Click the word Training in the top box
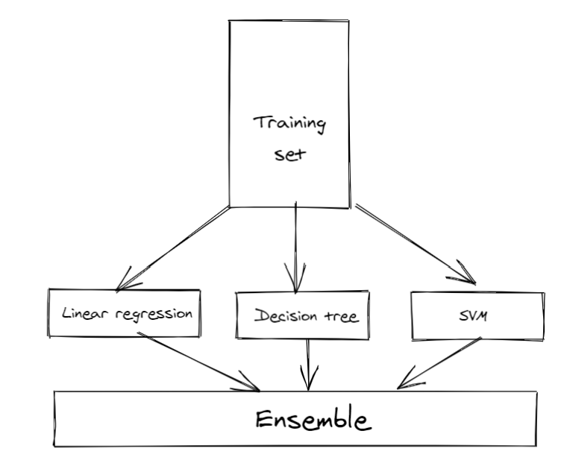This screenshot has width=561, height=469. (289, 124)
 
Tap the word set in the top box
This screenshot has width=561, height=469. (290, 154)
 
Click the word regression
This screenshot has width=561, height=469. (154, 315)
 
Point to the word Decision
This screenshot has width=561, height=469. (286, 315)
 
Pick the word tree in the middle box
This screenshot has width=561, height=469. (342, 316)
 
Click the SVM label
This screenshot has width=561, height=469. (473, 316)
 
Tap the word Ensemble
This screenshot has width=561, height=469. (313, 418)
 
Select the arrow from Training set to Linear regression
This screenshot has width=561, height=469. (173, 248)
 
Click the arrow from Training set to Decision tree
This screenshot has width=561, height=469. (296, 248)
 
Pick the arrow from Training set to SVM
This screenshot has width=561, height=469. (415, 244)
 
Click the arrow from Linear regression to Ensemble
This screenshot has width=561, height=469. (198, 362)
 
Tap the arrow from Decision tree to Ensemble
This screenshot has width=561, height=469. (308, 365)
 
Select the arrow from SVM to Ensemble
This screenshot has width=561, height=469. (439, 363)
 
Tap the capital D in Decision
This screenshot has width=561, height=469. (263, 315)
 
